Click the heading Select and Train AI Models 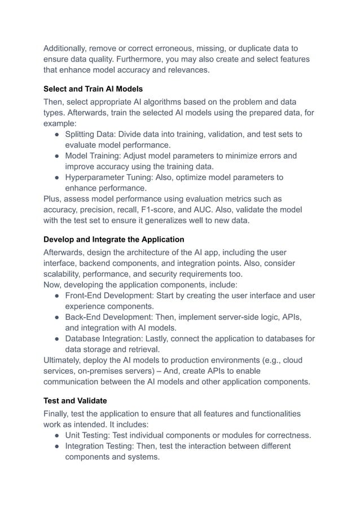click(x=93, y=89)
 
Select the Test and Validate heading click(x=76, y=401)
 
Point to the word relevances click(x=184, y=70)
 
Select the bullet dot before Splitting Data click(x=58, y=135)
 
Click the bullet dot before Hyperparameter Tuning click(x=58, y=178)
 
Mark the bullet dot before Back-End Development click(x=58, y=317)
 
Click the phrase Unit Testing click(x=87, y=436)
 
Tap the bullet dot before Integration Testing click(x=58, y=447)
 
